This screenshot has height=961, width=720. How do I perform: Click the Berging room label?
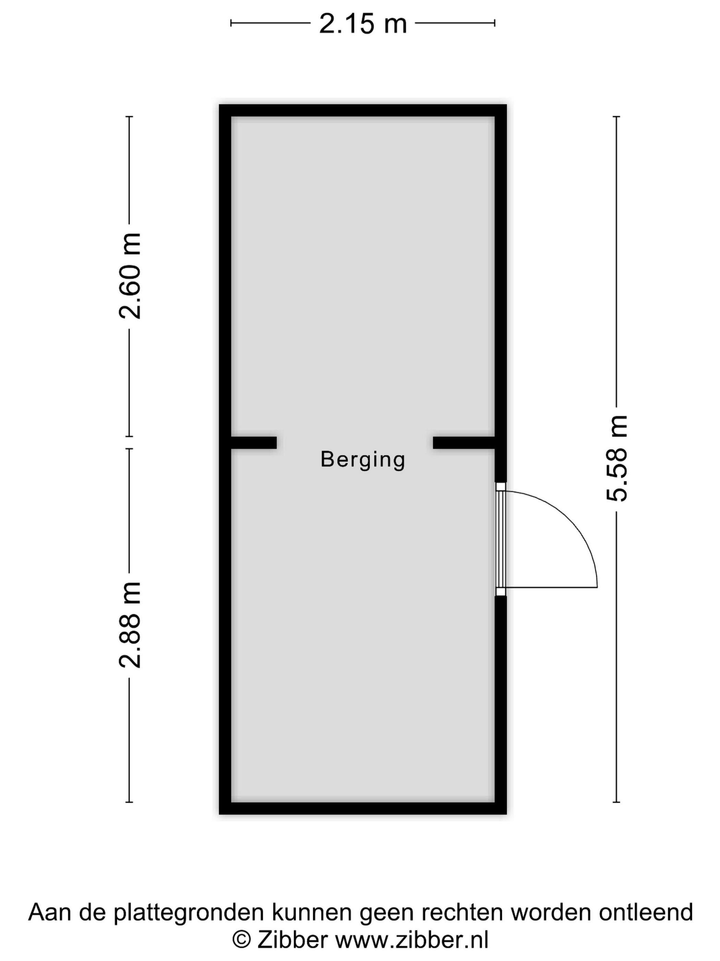[x=363, y=459]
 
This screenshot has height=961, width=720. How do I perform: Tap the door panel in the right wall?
[x=501, y=539]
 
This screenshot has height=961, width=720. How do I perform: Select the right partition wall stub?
[x=464, y=442]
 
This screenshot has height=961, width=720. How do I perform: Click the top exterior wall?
[x=363, y=111]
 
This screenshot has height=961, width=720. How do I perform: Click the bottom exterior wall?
[x=363, y=808]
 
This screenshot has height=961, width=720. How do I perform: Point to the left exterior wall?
[x=225, y=459]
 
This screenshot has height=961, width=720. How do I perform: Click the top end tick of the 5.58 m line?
[x=616, y=116]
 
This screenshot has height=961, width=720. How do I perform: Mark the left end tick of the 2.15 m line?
[x=231, y=23]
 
